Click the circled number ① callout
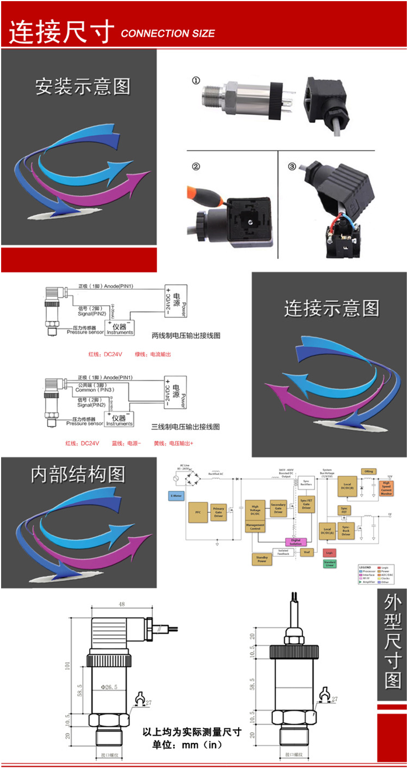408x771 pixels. coord(195,81)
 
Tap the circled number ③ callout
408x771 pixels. coord(292,167)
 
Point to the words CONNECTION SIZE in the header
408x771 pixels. coord(167,34)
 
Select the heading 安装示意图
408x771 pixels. coord(83,86)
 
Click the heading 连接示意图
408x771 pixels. coord(332,308)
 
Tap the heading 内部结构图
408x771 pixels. coord(78,474)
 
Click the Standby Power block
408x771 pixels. coord(262,559)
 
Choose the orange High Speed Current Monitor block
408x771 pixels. coord(386,488)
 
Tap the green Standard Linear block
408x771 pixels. coord(329,563)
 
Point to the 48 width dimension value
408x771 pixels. coord(121,604)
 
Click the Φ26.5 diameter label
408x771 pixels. coord(110,687)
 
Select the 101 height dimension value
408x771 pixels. coord(68,665)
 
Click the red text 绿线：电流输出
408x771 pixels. coord(153,353)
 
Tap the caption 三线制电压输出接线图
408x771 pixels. coord(186,426)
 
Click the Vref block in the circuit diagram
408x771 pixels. coord(307,552)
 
